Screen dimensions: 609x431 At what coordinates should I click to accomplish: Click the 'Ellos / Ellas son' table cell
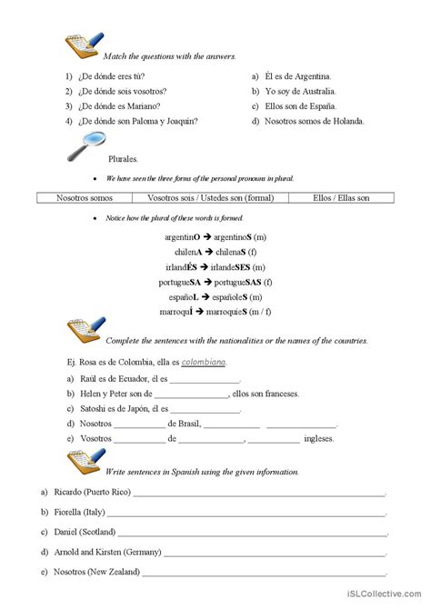tap(341, 197)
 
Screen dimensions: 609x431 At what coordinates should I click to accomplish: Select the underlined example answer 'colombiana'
tap(204, 362)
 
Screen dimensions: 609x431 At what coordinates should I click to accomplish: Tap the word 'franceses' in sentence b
tap(280, 394)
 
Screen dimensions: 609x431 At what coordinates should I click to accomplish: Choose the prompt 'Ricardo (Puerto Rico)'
tap(94, 493)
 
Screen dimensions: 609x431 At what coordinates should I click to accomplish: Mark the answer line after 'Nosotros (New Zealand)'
tap(264, 572)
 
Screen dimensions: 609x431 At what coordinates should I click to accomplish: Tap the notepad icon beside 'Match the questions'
tap(84, 45)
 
